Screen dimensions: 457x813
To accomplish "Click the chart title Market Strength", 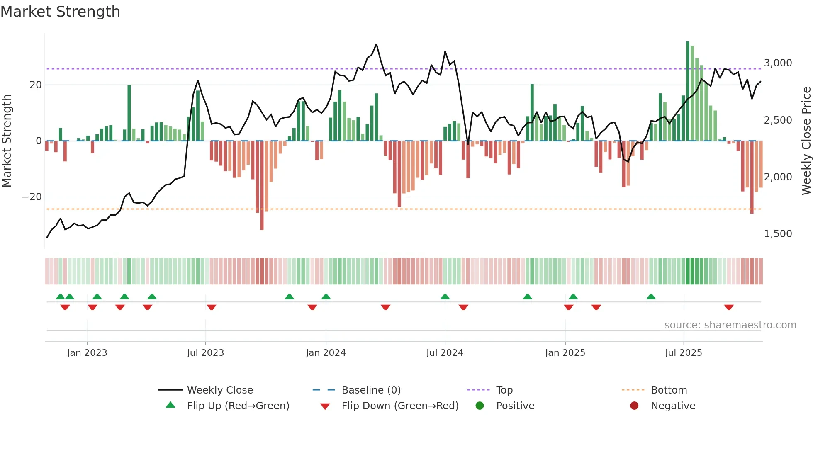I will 60,12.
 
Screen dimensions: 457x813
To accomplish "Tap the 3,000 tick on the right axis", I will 778,63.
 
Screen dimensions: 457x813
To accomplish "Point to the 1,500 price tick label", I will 778,234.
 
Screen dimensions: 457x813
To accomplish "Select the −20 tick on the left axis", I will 32,197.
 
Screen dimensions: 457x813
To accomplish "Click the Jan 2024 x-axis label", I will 326,353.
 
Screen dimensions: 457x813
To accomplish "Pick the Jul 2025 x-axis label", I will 683,353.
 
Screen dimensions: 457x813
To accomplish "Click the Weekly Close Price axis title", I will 806,141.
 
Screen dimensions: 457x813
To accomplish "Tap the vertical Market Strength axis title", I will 7,141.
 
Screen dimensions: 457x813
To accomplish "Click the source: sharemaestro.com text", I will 730,325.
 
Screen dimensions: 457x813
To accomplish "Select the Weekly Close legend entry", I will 220,390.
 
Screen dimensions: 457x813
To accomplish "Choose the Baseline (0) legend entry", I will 371,390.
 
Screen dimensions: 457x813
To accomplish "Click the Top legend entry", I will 504,390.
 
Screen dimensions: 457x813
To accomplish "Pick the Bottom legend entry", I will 669,390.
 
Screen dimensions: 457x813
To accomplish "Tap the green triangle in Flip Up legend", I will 170,405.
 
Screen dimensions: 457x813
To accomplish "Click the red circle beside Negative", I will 634,406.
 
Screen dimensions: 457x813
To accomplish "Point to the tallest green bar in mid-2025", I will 688,91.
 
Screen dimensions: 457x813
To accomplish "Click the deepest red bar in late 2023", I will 262,187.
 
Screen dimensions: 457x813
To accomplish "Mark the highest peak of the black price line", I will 376,44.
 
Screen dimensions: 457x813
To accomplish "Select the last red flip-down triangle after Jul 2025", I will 729,307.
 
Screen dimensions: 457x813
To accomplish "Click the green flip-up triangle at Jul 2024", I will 445,297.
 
